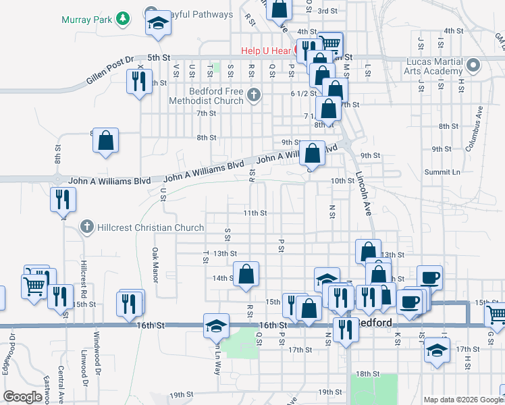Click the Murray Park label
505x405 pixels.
[86, 20]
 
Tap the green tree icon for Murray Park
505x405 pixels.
[122, 18]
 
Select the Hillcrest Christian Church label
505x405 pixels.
[151, 227]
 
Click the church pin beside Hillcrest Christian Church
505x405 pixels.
[86, 227]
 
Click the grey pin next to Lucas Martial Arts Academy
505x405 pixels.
[473, 66]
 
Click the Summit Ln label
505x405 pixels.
[441, 172]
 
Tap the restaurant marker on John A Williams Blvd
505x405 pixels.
[63, 199]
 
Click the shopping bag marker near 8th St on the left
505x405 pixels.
[106, 141]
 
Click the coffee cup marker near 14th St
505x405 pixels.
[429, 277]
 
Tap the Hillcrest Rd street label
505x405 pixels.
[84, 279]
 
